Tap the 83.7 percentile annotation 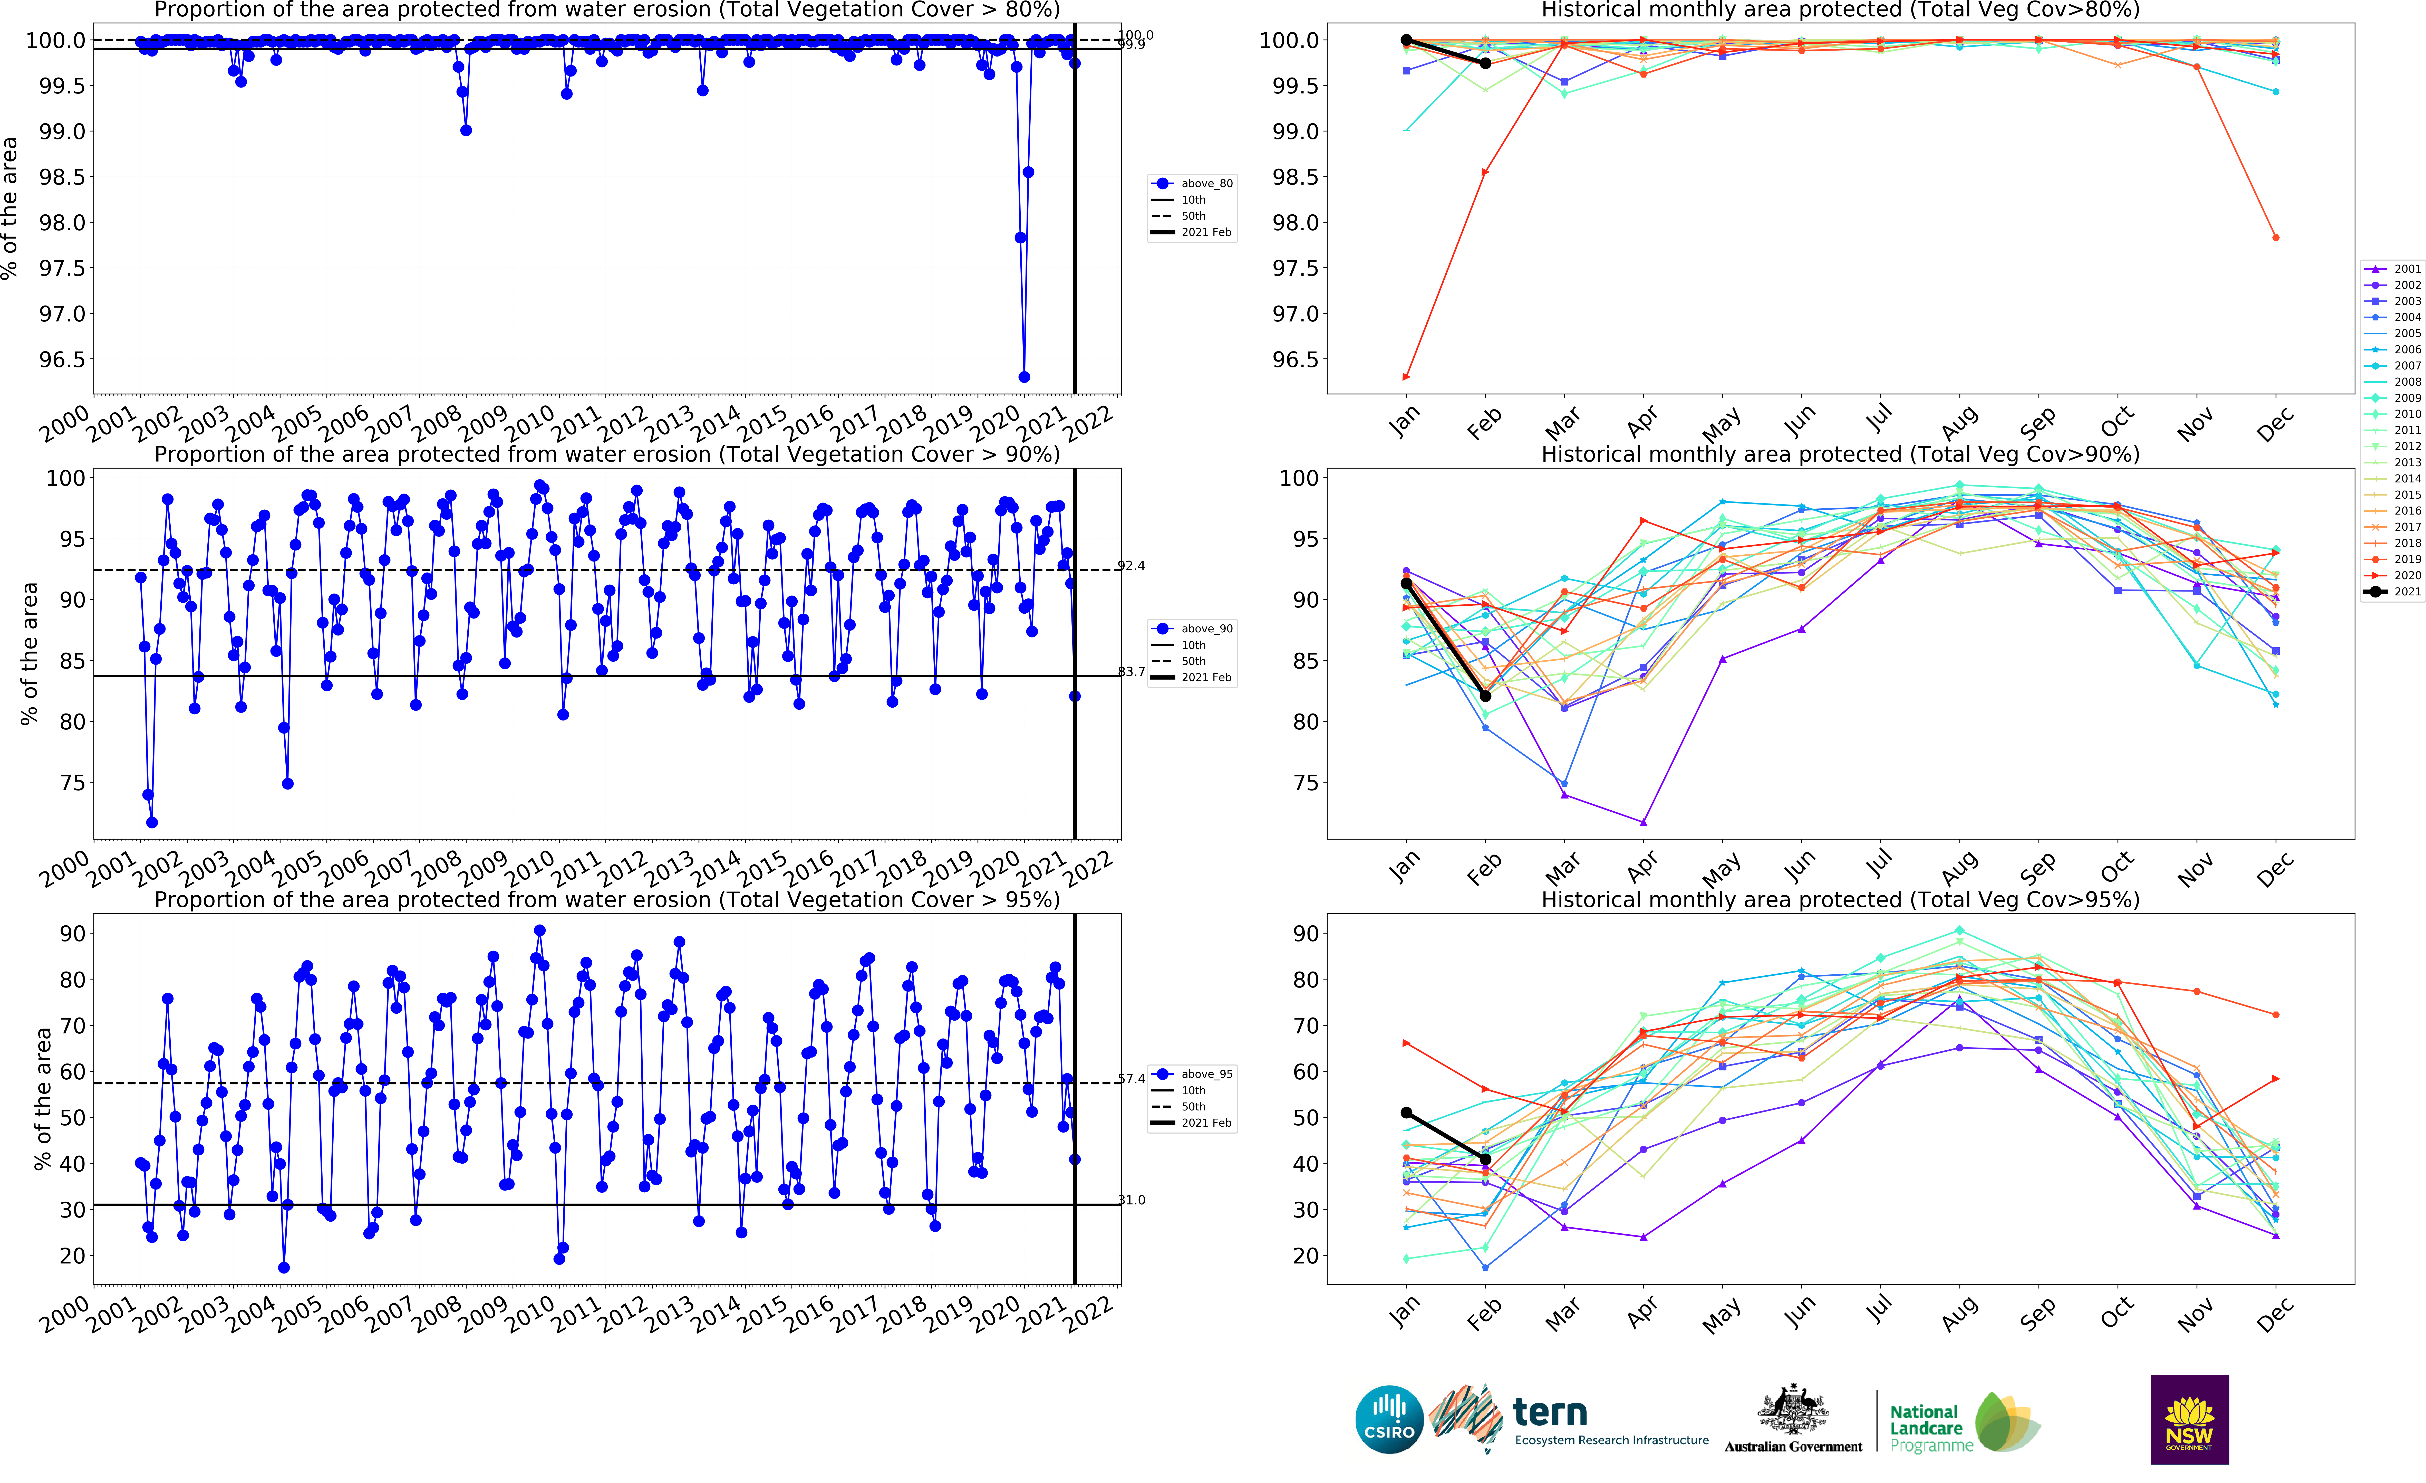click(x=1131, y=672)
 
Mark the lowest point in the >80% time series click(x=1024, y=377)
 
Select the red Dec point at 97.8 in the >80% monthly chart click(x=2275, y=237)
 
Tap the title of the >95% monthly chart click(x=1839, y=900)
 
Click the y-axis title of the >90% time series click(x=30, y=654)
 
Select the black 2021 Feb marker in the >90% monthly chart click(x=1485, y=696)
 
